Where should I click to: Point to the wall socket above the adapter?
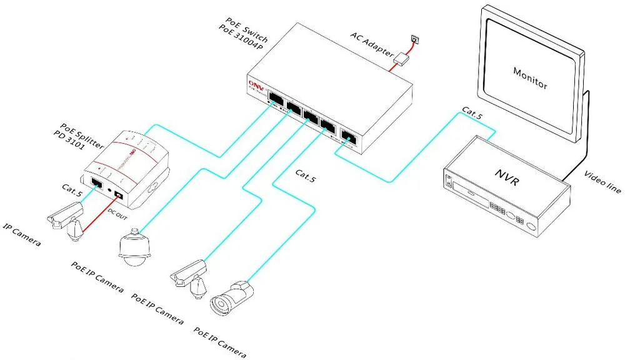tap(412, 39)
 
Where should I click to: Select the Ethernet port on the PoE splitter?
tap(97, 184)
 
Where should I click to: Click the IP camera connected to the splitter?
tap(66, 217)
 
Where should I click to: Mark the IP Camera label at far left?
tap(22, 234)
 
